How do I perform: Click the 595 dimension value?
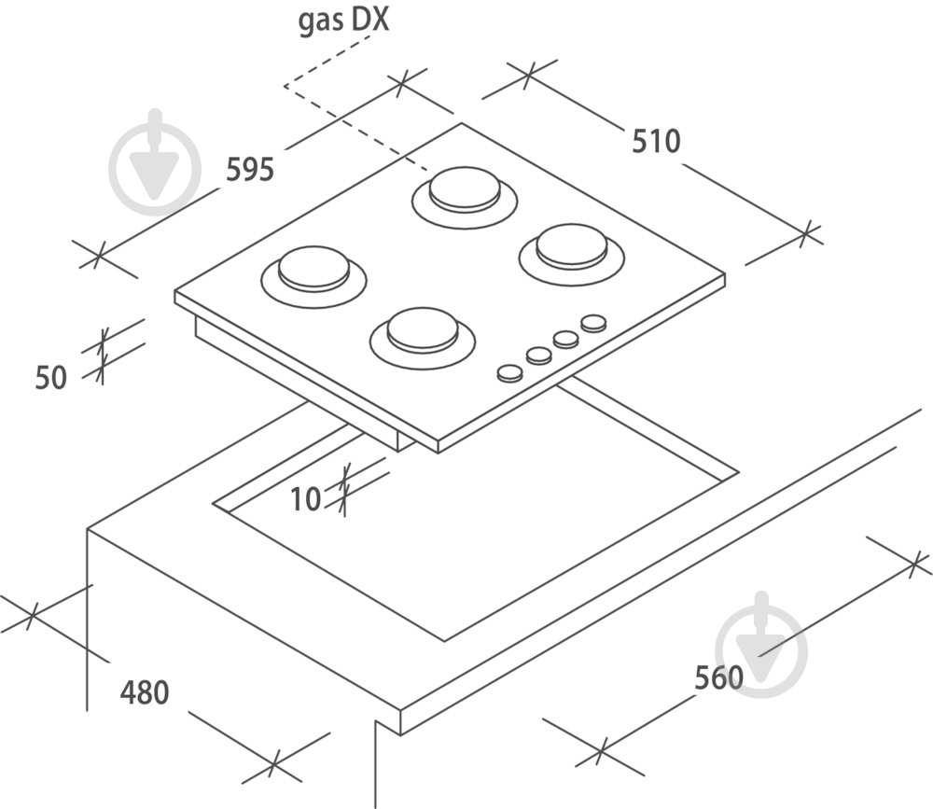pos(250,169)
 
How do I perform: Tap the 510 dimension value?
pos(656,141)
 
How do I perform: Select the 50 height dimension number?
pos(50,377)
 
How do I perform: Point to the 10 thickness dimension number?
pos(306,499)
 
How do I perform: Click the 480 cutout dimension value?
pos(145,691)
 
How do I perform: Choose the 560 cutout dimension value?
pos(718,678)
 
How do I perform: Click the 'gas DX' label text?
pos(343,21)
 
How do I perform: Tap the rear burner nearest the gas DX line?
pos(464,197)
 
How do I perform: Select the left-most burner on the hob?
pos(313,277)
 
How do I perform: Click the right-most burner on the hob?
pos(572,254)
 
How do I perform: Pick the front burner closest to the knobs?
pos(423,338)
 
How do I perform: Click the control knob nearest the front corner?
pos(510,373)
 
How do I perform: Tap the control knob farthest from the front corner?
pos(593,323)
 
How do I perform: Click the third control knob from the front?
pos(566,340)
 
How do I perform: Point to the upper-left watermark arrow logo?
pos(155,161)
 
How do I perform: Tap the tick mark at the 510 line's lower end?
pos(806,233)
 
